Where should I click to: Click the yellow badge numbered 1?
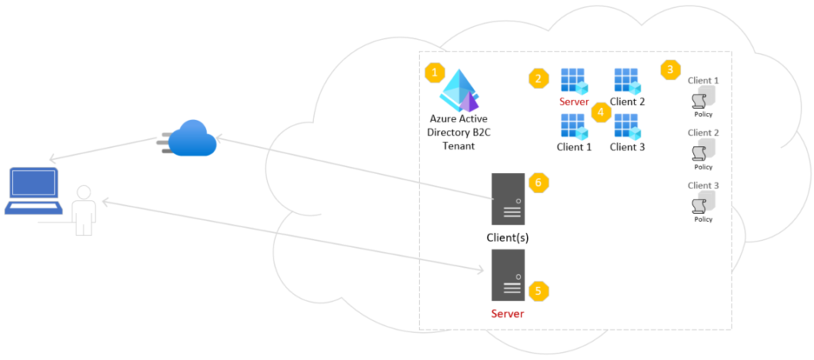coord(434,73)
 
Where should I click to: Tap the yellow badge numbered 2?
coord(539,78)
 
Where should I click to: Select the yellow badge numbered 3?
coord(670,70)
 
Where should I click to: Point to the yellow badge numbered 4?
coord(601,113)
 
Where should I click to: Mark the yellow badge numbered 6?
coord(538,183)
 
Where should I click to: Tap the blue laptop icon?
coord(33,191)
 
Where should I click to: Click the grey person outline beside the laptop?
coord(83,210)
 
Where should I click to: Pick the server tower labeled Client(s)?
coord(508,199)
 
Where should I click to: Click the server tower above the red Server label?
coord(508,274)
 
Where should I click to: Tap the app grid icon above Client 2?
coord(627,80)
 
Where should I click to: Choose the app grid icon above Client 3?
coord(627,126)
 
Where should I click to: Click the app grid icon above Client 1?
coord(574,126)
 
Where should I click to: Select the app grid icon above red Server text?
coord(574,80)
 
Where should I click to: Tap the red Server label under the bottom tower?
coord(508,314)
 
